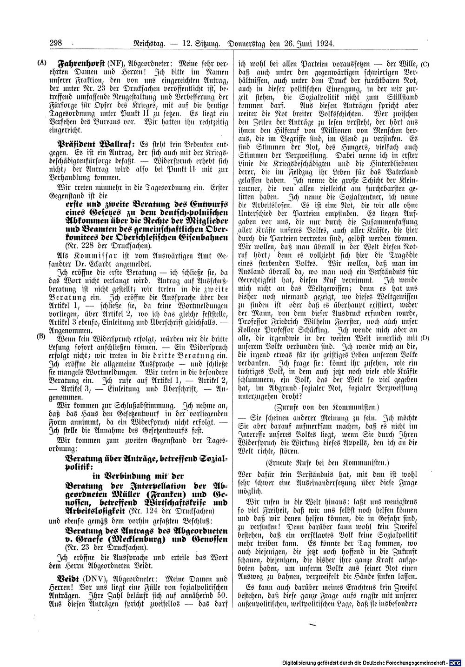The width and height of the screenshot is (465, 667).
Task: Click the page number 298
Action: point(56,44)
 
